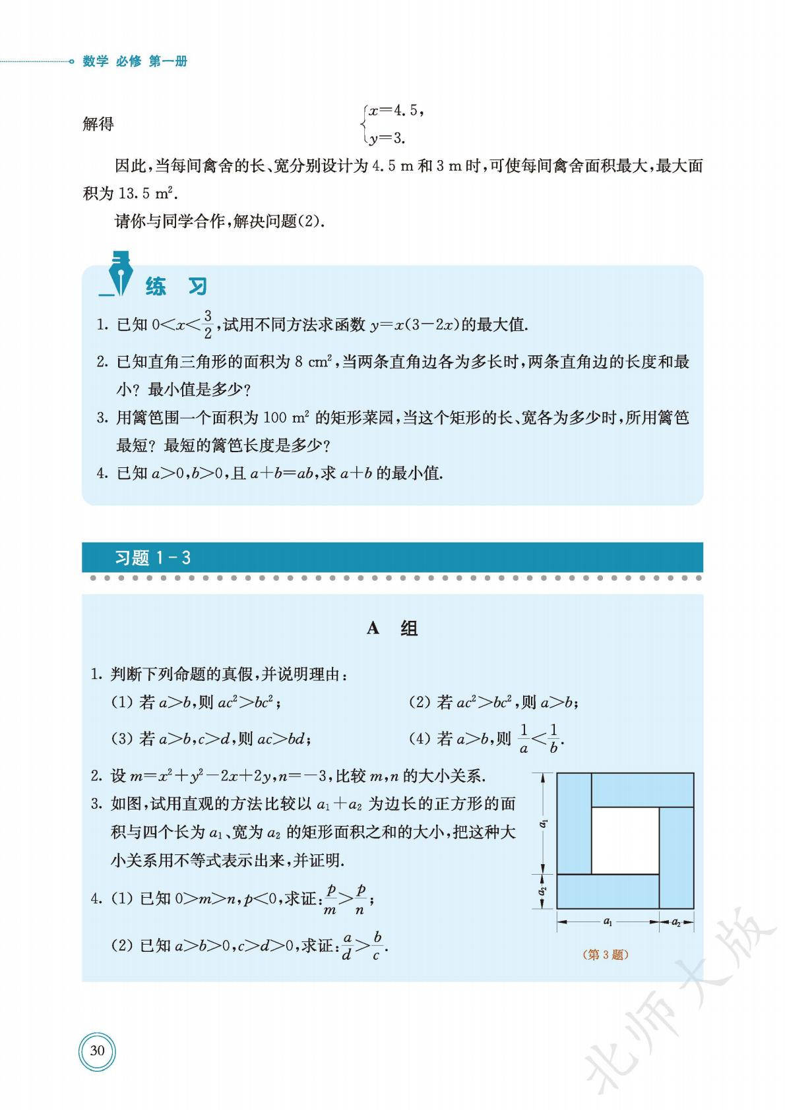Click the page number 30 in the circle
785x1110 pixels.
[97, 1050]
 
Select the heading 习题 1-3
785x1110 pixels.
[152, 558]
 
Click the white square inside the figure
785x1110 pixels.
[625, 839]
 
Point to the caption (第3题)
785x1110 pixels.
[606, 954]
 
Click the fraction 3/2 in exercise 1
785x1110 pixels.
[208, 324]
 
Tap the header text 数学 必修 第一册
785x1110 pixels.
[135, 61]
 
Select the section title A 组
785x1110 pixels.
[392, 628]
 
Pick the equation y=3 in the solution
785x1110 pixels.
[387, 138]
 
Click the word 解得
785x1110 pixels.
[98, 124]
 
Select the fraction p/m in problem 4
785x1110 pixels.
[330, 899]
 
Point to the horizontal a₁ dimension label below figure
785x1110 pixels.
[608, 921]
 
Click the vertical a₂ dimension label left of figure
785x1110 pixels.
[542, 891]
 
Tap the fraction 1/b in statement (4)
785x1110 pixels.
[553, 738]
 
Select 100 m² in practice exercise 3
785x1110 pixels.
[286, 417]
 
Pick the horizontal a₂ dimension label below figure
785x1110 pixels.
[676, 921]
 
